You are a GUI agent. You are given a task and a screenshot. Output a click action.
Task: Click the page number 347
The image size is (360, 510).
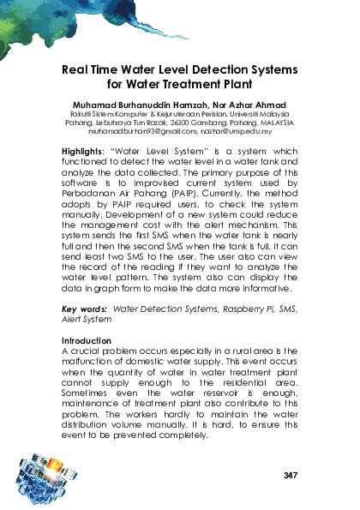tap(289, 474)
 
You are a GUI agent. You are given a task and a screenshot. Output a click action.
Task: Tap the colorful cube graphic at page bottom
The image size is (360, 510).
tap(43, 479)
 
